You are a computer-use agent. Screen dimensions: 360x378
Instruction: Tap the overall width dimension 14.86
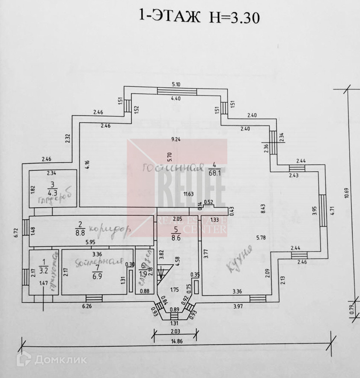click(x=176, y=342)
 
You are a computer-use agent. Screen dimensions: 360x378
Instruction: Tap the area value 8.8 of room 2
click(x=80, y=233)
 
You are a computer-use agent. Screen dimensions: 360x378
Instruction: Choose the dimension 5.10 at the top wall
click(x=176, y=84)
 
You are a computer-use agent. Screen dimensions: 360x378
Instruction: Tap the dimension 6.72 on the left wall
click(x=15, y=232)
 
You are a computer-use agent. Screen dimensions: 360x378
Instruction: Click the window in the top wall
click(x=177, y=91)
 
